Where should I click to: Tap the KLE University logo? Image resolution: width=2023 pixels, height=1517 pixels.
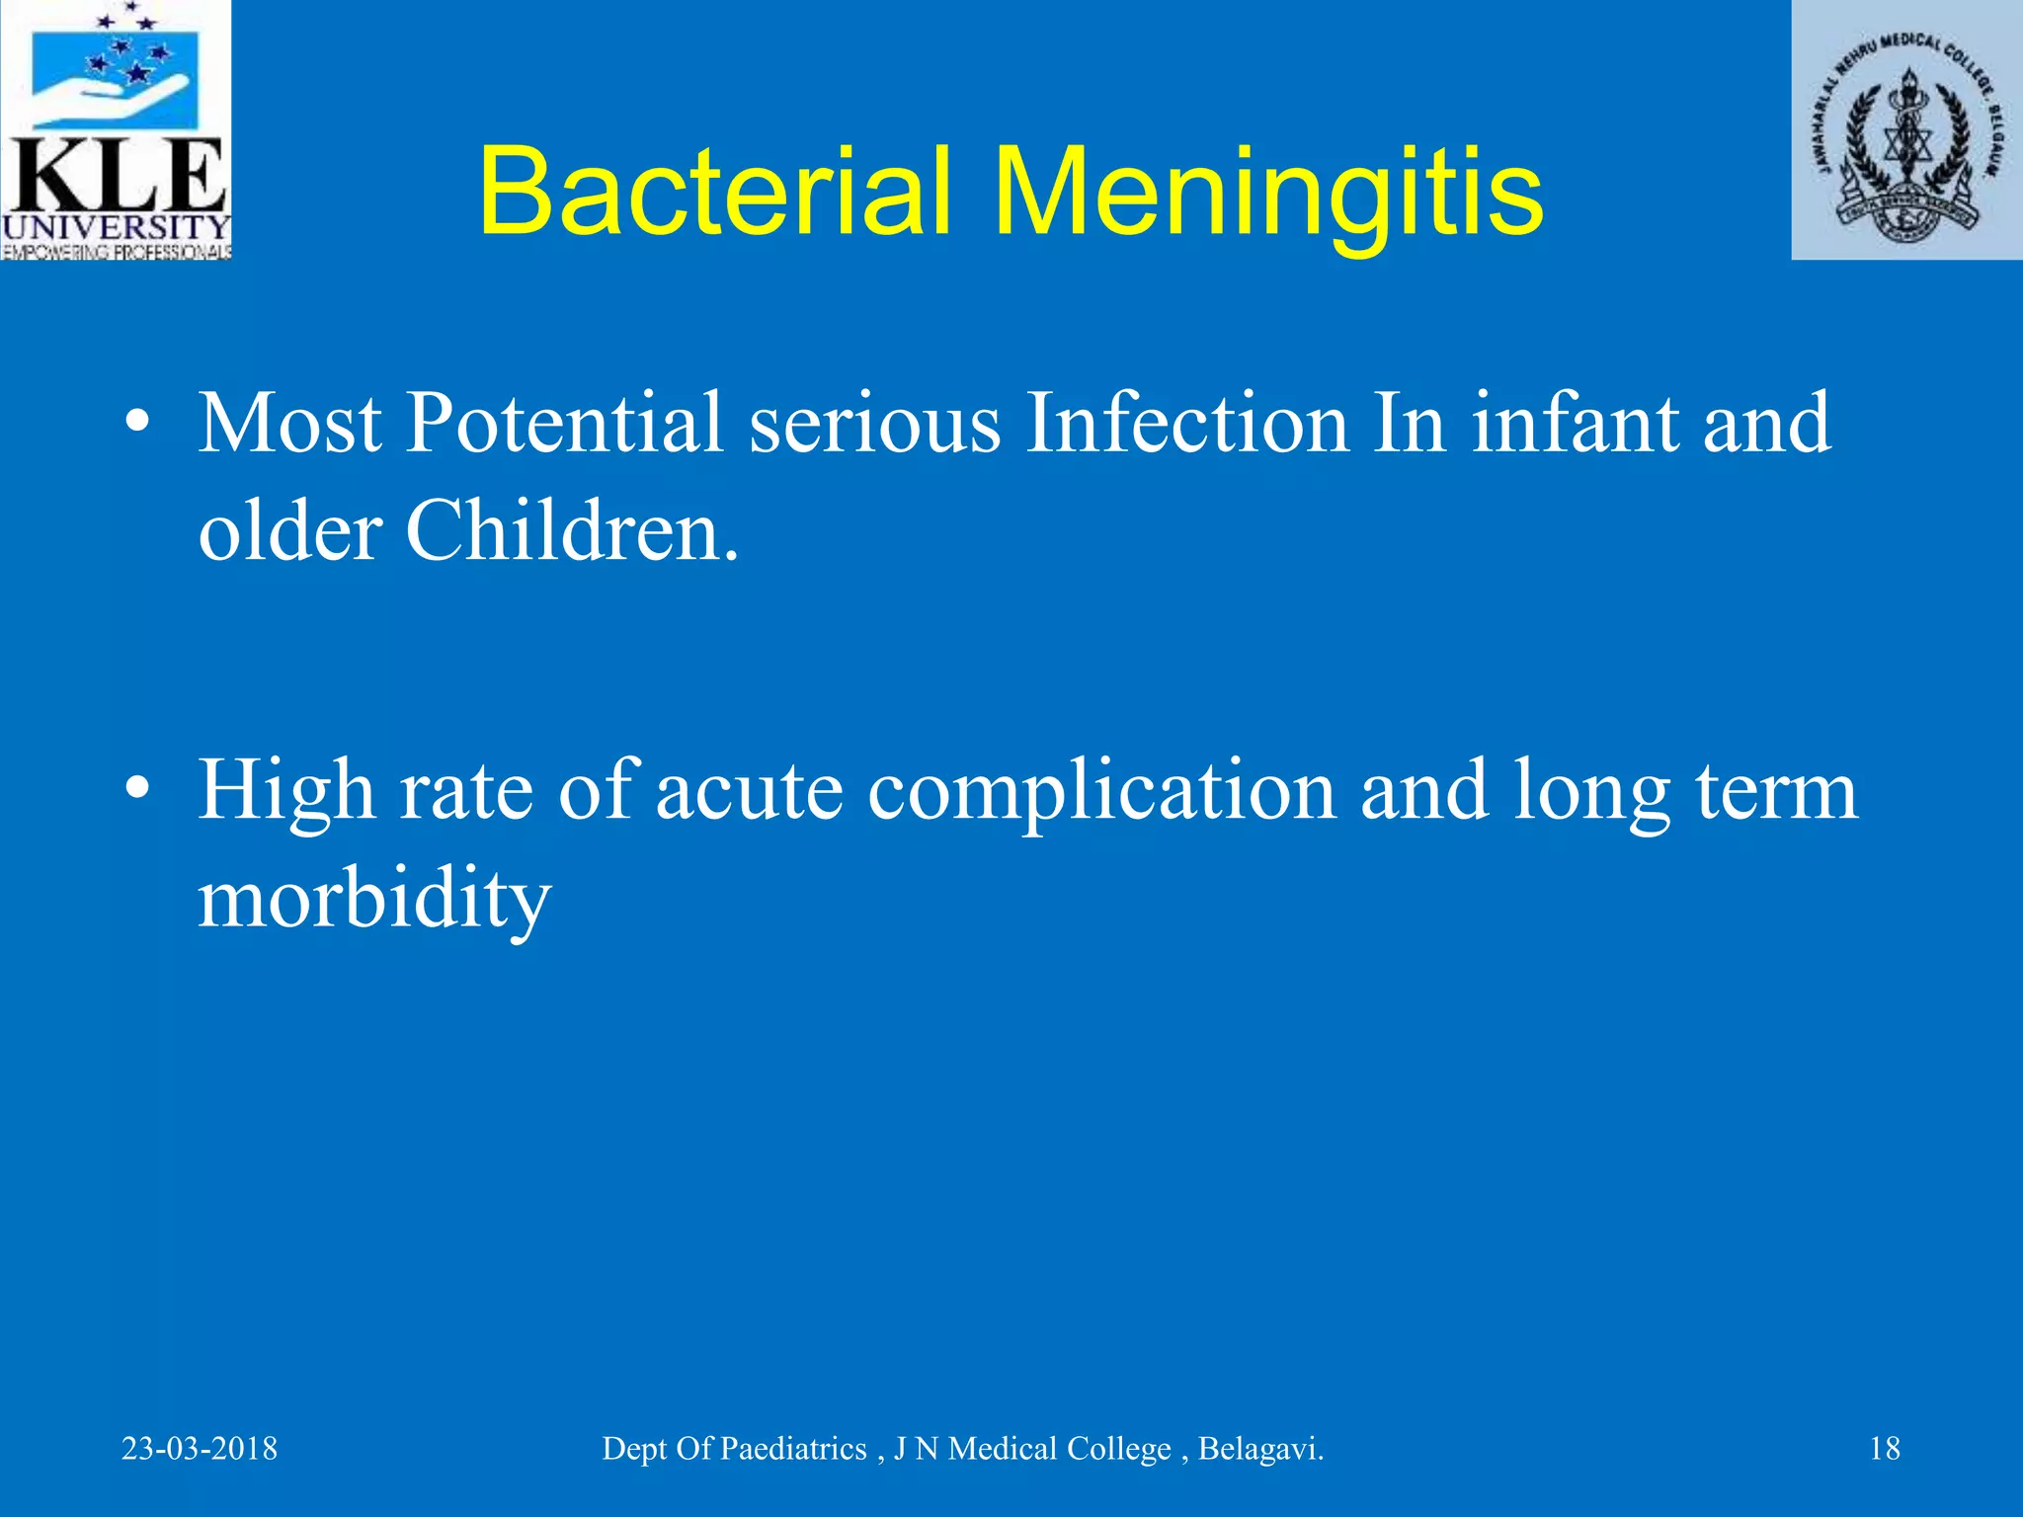(116, 130)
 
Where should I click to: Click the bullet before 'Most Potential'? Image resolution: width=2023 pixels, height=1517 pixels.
(138, 424)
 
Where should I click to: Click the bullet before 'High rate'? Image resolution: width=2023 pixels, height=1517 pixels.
(138, 790)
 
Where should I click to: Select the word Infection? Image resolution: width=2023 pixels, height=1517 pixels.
(1186, 423)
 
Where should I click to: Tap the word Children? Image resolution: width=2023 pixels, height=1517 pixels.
(570, 531)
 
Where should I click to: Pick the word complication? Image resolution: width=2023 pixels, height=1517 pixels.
(1101, 792)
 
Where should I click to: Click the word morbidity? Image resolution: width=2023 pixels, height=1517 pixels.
(374, 899)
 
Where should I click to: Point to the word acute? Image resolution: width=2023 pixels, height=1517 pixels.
(749, 792)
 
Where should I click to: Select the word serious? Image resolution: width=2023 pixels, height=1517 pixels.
(874, 425)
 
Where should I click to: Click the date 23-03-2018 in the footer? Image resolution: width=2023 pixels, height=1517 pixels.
(200, 1449)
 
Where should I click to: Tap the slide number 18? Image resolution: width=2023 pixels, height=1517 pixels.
(1885, 1449)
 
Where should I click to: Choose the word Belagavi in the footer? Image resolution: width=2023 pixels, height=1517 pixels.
(1259, 1449)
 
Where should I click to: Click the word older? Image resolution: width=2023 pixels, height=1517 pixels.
(289, 531)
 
